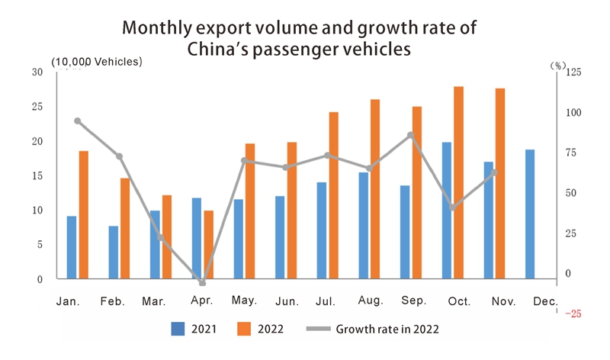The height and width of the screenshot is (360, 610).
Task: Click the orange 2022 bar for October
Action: point(458,183)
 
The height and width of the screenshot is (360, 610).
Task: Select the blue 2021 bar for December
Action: point(530,214)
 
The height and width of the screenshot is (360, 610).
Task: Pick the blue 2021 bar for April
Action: point(197,239)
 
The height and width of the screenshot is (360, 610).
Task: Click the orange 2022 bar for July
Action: point(334,195)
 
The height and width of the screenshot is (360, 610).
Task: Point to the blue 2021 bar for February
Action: point(114,252)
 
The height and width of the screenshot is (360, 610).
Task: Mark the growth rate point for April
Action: point(203,282)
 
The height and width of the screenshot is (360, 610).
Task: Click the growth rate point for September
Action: point(410,135)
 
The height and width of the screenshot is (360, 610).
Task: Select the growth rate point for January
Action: point(78,121)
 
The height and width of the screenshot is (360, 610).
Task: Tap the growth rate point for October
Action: point(452,207)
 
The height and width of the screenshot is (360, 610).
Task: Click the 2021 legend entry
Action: point(194,329)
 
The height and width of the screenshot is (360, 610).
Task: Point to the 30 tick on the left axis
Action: point(37,72)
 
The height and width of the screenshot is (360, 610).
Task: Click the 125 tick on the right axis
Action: point(571,72)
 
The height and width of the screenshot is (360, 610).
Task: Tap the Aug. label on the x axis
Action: point(370,302)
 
